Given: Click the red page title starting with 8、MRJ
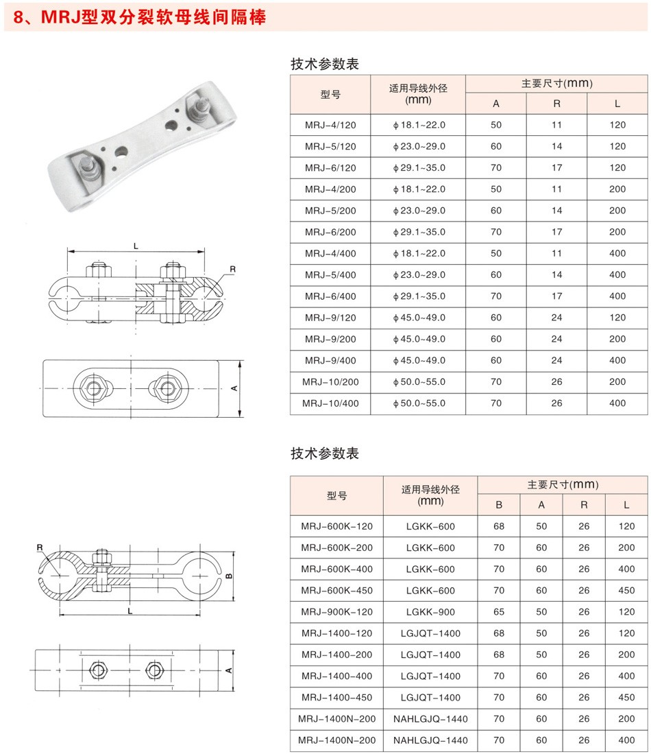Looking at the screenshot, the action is coord(139,17).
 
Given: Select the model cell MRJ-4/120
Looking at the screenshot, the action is coord(330,125).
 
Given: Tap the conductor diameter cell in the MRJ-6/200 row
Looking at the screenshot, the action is coord(419,232).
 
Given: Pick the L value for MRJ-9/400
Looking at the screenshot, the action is coord(617,360).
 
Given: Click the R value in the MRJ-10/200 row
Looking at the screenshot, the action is coord(556,382).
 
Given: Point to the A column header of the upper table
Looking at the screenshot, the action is coord(496,104).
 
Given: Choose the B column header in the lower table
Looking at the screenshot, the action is coord(499,505).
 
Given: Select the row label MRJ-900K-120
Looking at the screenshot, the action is coord(336,612).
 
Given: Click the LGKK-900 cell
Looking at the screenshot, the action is coord(430,612).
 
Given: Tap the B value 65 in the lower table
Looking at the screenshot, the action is coord(499,612).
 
